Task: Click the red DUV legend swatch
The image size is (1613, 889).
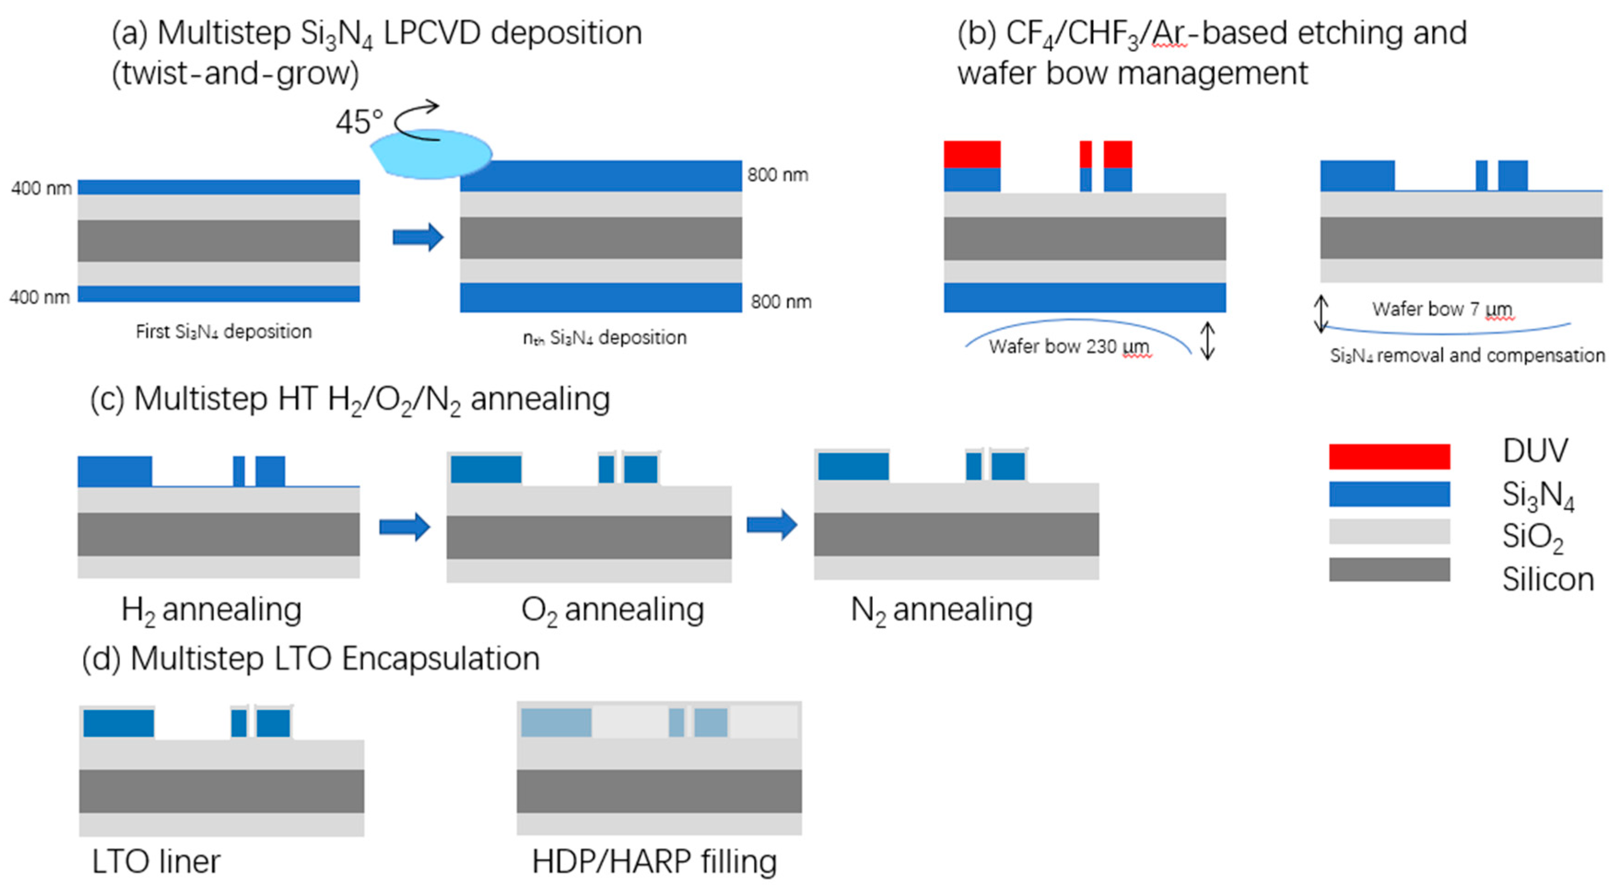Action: point(1389,456)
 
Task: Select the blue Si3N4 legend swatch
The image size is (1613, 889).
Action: point(1389,494)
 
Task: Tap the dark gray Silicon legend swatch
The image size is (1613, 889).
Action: point(1389,569)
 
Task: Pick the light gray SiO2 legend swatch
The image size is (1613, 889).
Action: point(1389,532)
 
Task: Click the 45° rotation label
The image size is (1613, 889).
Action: point(359,122)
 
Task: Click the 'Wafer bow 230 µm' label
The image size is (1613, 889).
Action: point(1069,346)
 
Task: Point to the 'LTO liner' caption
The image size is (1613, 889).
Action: point(156,861)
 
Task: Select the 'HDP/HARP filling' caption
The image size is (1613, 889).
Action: point(655,861)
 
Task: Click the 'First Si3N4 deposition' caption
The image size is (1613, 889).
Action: point(223,331)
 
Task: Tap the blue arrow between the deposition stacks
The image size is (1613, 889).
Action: point(418,237)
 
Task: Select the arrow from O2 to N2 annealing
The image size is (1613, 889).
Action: point(772,525)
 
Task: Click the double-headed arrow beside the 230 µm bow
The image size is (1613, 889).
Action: point(1207,341)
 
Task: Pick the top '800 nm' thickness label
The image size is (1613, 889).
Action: point(777,174)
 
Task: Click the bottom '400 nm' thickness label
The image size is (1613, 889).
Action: point(40,297)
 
